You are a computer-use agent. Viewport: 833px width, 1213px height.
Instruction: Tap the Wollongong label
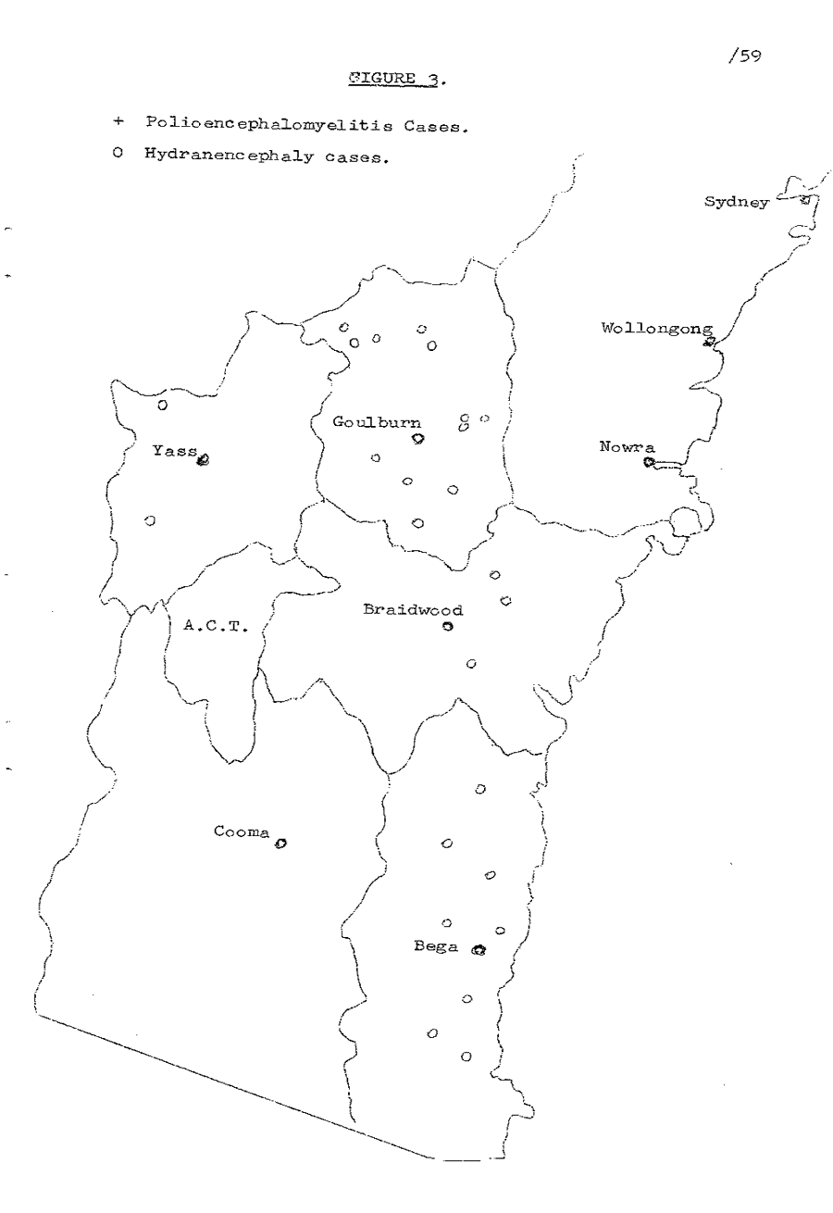click(x=657, y=328)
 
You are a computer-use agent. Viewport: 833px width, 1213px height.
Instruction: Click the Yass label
click(x=175, y=451)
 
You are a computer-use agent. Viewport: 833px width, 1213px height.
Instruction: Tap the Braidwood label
click(x=413, y=609)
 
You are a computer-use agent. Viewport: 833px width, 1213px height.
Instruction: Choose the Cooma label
click(x=241, y=832)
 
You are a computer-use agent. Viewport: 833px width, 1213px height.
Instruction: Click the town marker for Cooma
click(x=280, y=844)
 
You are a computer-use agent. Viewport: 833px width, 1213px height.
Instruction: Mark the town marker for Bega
click(x=478, y=949)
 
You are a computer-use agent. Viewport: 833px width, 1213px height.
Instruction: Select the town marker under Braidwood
click(x=448, y=627)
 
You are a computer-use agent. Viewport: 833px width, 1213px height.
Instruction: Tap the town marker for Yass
click(x=204, y=456)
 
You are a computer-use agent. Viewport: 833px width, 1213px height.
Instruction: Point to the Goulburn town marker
click(x=418, y=439)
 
